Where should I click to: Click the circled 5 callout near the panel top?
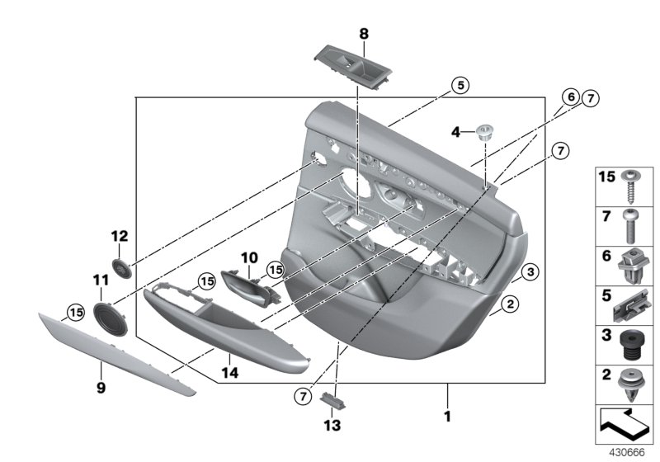click(460, 84)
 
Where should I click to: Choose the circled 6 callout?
click(570, 97)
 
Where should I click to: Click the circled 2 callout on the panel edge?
click(511, 306)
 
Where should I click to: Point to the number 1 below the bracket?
click(448, 417)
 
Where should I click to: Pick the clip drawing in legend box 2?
click(630, 384)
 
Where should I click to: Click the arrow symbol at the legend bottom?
click(624, 425)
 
